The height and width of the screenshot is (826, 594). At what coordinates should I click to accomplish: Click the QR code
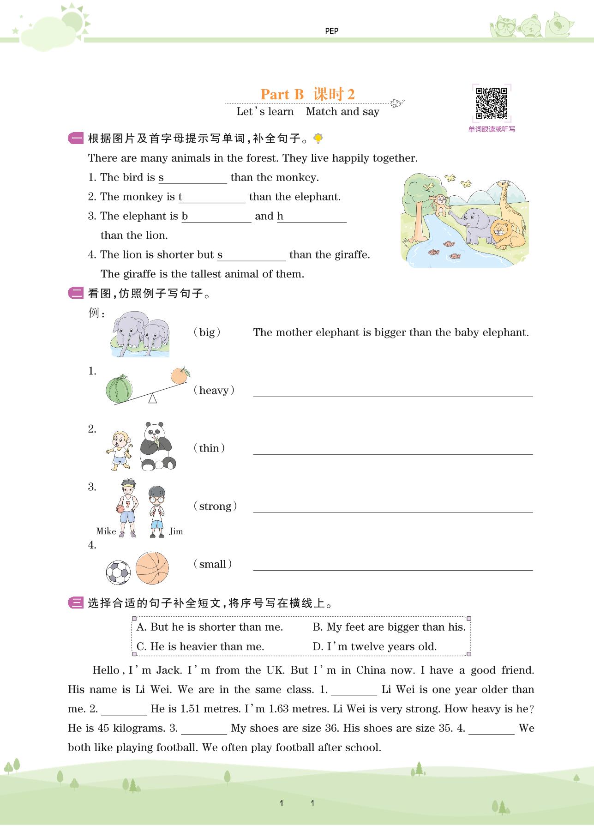coord(492,103)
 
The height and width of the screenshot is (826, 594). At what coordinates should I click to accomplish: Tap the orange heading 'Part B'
coord(282,94)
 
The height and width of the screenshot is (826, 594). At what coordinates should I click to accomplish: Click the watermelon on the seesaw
coord(119,389)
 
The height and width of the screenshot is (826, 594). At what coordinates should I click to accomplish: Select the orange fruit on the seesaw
coord(179,375)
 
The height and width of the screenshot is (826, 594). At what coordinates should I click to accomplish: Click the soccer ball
coord(119,573)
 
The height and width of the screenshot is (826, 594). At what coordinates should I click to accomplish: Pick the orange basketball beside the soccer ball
coord(152,568)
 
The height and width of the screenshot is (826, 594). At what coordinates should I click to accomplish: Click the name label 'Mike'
coord(106,531)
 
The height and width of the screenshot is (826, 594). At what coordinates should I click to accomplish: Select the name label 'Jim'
coord(176,531)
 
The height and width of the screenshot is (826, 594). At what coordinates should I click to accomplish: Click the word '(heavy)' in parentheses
coord(214,391)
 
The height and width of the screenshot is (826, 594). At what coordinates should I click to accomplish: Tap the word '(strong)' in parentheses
coord(215,506)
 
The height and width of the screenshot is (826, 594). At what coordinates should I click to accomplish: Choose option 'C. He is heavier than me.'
coord(200,646)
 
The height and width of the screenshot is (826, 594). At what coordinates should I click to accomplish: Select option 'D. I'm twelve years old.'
coord(374,646)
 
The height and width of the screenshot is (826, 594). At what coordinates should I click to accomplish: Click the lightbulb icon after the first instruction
coord(318,138)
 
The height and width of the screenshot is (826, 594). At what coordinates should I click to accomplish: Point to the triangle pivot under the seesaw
coord(152,398)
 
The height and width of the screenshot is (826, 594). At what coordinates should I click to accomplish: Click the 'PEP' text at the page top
coord(331,31)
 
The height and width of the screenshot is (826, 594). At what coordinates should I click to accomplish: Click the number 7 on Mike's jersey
coord(128,504)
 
